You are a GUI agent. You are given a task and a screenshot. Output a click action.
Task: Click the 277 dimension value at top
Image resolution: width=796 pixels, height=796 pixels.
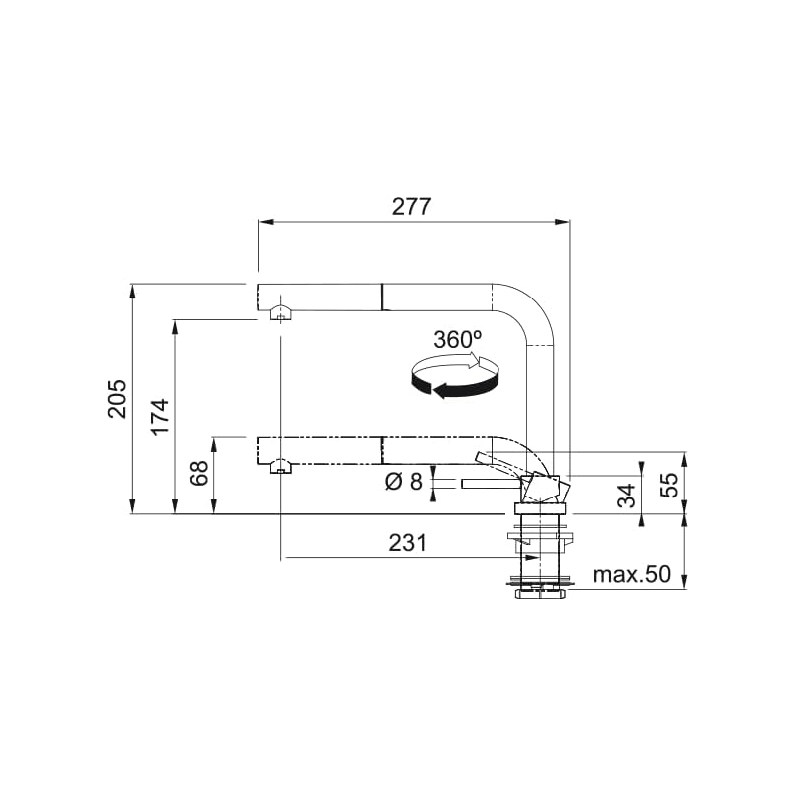pos(412,207)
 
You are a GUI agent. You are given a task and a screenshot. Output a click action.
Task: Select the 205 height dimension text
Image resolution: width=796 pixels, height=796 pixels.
pos(117,399)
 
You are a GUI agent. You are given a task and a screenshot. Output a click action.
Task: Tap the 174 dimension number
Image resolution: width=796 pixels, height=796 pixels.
pos(160,417)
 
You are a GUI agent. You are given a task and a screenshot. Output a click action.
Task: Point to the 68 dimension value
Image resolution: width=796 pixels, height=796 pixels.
pos(198,474)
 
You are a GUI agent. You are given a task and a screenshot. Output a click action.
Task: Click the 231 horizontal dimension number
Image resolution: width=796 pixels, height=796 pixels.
pos(407,543)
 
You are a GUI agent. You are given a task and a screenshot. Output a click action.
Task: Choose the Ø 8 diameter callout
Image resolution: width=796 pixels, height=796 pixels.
pos(403,482)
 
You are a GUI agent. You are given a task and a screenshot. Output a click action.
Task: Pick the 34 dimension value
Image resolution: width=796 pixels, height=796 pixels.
pos(626,496)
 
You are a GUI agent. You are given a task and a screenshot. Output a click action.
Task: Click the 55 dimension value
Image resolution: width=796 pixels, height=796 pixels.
pos(670,485)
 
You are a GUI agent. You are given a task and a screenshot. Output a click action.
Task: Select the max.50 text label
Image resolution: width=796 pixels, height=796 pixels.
pos(632,575)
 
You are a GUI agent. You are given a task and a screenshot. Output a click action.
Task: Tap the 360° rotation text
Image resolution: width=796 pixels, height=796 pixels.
pos(458,339)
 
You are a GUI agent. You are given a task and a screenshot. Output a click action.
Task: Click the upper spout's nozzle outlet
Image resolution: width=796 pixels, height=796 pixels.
pos(281,315)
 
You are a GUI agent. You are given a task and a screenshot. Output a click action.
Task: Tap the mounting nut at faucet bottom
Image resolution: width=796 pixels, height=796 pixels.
pos(541,594)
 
